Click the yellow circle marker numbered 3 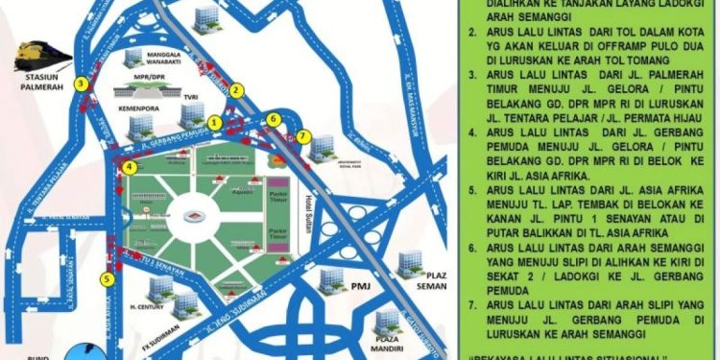(x=84, y=84)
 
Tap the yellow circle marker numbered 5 (x=108, y=278)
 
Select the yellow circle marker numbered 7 (x=304, y=136)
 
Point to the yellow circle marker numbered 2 (x=237, y=89)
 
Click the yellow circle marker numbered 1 (x=215, y=123)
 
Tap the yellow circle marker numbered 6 (x=274, y=118)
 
